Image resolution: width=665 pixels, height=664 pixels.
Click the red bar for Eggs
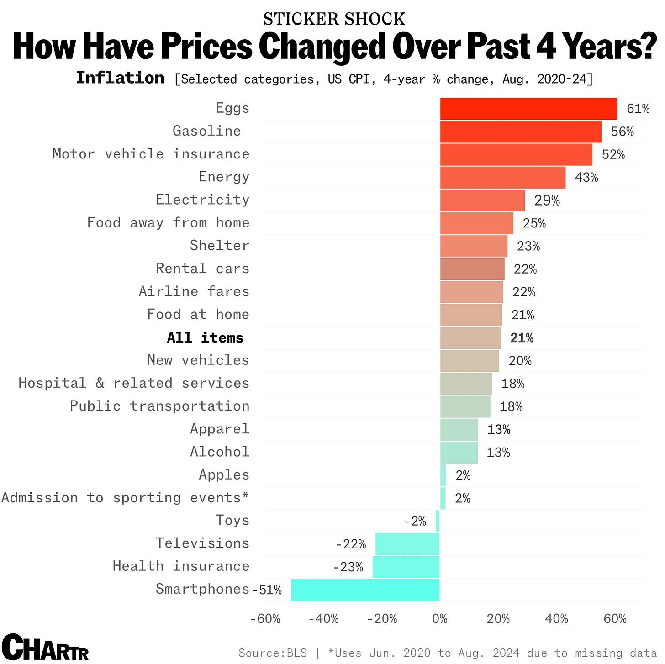point(528,109)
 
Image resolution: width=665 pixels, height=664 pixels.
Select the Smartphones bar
point(365,590)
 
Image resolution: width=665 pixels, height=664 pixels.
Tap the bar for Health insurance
point(406,567)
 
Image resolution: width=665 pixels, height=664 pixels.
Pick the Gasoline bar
point(521,132)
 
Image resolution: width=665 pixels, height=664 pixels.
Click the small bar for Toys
point(438,521)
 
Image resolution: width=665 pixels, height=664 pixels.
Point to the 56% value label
point(622,132)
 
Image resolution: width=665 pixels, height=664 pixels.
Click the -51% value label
point(267,590)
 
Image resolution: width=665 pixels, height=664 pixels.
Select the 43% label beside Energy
point(586,178)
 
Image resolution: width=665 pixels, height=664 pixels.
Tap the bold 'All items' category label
point(205,338)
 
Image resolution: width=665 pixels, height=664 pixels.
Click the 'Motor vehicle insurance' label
point(151,154)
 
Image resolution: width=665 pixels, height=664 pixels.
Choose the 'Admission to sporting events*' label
point(125,497)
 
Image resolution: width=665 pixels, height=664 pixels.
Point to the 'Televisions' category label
point(202,543)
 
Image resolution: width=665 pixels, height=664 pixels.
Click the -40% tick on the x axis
point(323,619)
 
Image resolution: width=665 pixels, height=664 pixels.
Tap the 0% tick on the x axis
point(440,619)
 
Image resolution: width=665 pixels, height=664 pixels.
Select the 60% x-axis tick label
point(615,619)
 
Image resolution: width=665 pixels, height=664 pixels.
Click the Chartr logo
point(45,648)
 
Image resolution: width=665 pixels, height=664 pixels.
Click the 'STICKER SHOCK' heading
point(334,19)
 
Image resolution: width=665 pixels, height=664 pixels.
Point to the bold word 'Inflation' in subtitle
point(120,78)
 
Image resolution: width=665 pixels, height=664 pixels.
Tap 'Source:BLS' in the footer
point(273,653)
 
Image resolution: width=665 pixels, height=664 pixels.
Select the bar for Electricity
point(482,200)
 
